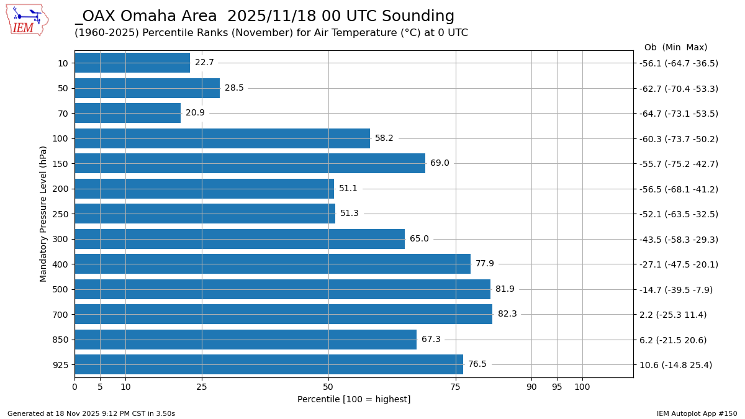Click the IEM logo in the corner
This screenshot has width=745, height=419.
pos(27,20)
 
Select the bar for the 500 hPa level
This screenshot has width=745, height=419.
pos(282,289)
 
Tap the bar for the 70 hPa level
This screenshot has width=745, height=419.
pos(128,113)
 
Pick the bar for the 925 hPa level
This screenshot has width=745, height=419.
pos(269,364)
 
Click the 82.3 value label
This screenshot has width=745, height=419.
pos(507,314)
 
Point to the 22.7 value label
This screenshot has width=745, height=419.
pos(204,63)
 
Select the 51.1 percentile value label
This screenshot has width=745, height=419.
pos(348,189)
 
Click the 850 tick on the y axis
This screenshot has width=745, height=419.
pos(63,340)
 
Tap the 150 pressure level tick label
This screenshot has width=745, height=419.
pos(63,164)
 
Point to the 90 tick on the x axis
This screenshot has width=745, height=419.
pos(531,387)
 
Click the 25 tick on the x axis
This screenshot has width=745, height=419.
pos(202,387)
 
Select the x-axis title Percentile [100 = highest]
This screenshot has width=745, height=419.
pos(354,400)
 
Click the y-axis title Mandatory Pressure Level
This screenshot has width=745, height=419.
pos(43,214)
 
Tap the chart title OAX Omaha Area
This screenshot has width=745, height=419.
pos(264,17)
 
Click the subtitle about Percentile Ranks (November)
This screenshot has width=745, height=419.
pos(271,33)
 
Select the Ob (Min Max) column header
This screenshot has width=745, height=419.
pos(675,48)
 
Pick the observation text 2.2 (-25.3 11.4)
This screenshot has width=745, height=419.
pos(673,315)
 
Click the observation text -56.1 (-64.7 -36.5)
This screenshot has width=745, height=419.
pos(679,63)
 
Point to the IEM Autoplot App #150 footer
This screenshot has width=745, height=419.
pos(697,413)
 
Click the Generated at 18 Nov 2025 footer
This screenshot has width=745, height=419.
pos(91,413)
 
